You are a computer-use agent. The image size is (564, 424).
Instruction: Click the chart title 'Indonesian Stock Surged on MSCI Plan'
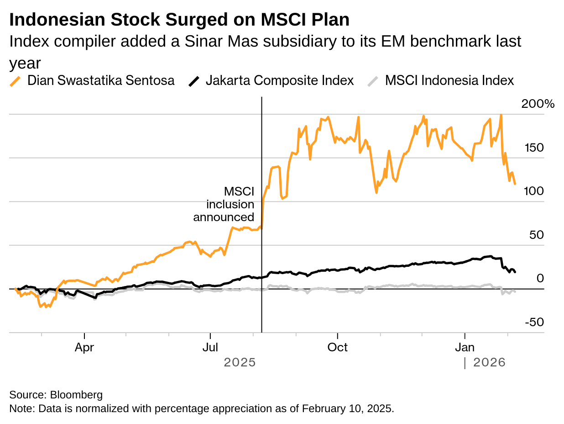click(179, 20)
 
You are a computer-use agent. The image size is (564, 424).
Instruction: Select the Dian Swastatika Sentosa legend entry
click(92, 80)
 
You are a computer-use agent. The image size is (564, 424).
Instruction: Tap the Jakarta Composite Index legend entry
click(271, 80)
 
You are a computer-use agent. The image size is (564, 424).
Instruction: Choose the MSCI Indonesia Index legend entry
click(440, 80)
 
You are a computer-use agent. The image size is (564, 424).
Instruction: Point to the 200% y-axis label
click(538, 104)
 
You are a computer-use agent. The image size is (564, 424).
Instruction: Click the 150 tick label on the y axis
click(534, 148)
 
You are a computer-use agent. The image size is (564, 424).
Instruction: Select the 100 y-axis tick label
click(534, 191)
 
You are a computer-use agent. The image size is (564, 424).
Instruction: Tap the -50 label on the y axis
click(534, 322)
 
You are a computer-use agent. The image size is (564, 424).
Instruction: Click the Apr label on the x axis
click(84, 348)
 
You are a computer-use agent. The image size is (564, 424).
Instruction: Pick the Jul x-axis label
click(210, 348)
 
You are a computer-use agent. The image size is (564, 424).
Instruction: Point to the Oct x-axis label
click(337, 348)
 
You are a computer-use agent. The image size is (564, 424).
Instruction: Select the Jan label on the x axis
click(465, 348)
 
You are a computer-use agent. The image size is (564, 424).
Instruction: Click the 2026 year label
click(489, 362)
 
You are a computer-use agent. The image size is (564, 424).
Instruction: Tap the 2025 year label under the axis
click(240, 362)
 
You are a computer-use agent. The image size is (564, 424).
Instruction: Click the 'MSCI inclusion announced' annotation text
click(224, 204)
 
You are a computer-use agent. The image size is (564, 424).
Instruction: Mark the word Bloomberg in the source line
click(76, 395)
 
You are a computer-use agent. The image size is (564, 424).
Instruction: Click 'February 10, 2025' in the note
click(348, 408)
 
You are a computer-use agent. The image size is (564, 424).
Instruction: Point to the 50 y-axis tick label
click(537, 235)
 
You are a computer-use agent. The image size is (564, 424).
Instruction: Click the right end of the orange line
click(515, 184)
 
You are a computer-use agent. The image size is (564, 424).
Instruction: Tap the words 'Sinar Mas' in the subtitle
click(221, 41)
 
